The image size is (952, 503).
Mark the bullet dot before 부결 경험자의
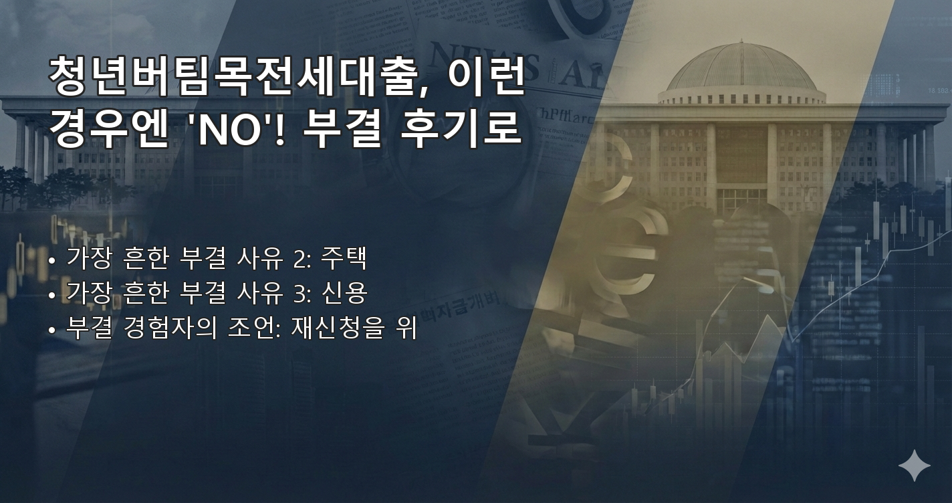(52, 330)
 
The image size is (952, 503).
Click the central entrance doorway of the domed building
(741, 198)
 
